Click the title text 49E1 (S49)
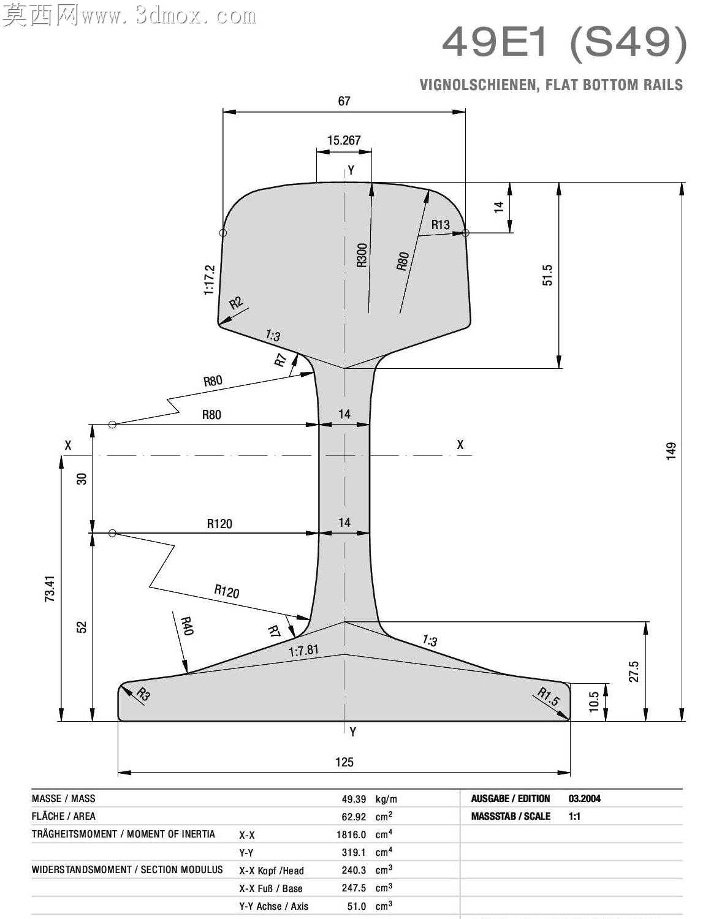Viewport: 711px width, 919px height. coord(565,42)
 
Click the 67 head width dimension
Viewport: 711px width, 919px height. coord(344,101)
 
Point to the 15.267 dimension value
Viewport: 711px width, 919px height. coord(344,140)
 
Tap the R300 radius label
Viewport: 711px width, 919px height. coord(362,255)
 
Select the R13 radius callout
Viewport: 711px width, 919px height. coord(440,225)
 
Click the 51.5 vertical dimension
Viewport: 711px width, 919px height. coord(547,275)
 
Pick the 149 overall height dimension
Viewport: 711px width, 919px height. coord(671,452)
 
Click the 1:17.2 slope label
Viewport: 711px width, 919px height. coord(210,280)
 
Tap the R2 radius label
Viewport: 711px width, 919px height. coord(236,303)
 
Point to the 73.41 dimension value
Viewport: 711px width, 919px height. coord(50,589)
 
